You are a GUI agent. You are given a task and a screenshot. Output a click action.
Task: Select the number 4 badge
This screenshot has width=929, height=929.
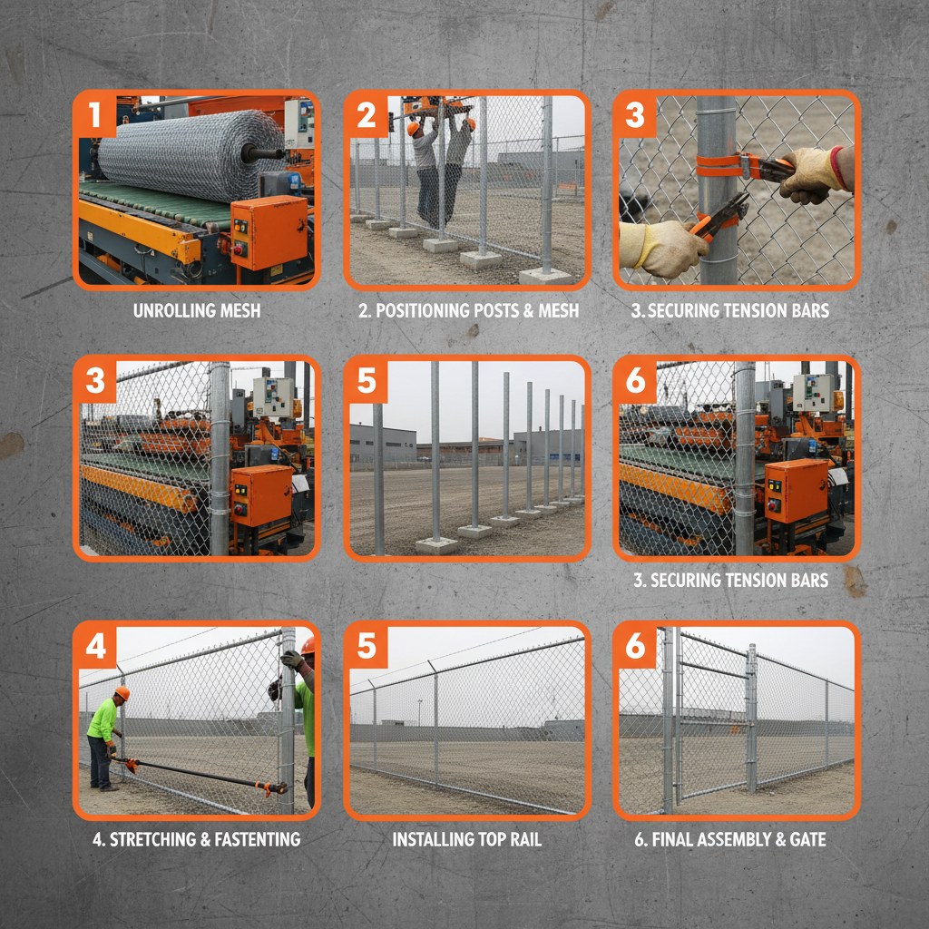click(95, 646)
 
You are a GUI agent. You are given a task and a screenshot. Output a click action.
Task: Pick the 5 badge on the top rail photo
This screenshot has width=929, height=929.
click(366, 646)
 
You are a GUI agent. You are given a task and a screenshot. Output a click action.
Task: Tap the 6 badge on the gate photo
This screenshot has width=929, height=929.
click(635, 646)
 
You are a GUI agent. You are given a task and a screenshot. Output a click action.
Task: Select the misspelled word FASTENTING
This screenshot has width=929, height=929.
click(253, 839)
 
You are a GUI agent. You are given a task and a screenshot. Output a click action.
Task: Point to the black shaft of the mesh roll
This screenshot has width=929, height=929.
click(263, 153)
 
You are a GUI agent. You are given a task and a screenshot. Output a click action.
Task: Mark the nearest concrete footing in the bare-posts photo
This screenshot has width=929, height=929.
click(436, 544)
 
